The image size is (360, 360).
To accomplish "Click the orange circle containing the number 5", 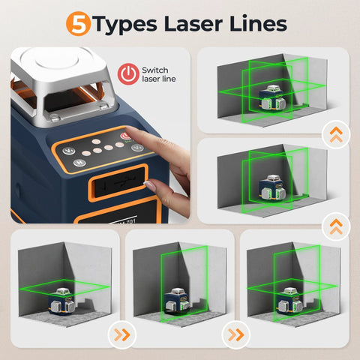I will [79, 23].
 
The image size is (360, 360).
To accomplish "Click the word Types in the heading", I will [127, 24].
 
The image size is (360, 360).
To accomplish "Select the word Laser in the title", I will [199, 23].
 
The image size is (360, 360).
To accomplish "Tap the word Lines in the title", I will [259, 23].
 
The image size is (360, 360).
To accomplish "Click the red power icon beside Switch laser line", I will [129, 73].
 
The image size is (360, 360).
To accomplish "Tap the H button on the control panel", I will [137, 147].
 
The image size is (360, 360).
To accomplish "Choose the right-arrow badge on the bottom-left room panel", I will [118, 333].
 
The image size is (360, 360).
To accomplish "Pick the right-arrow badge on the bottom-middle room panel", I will [235, 333].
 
